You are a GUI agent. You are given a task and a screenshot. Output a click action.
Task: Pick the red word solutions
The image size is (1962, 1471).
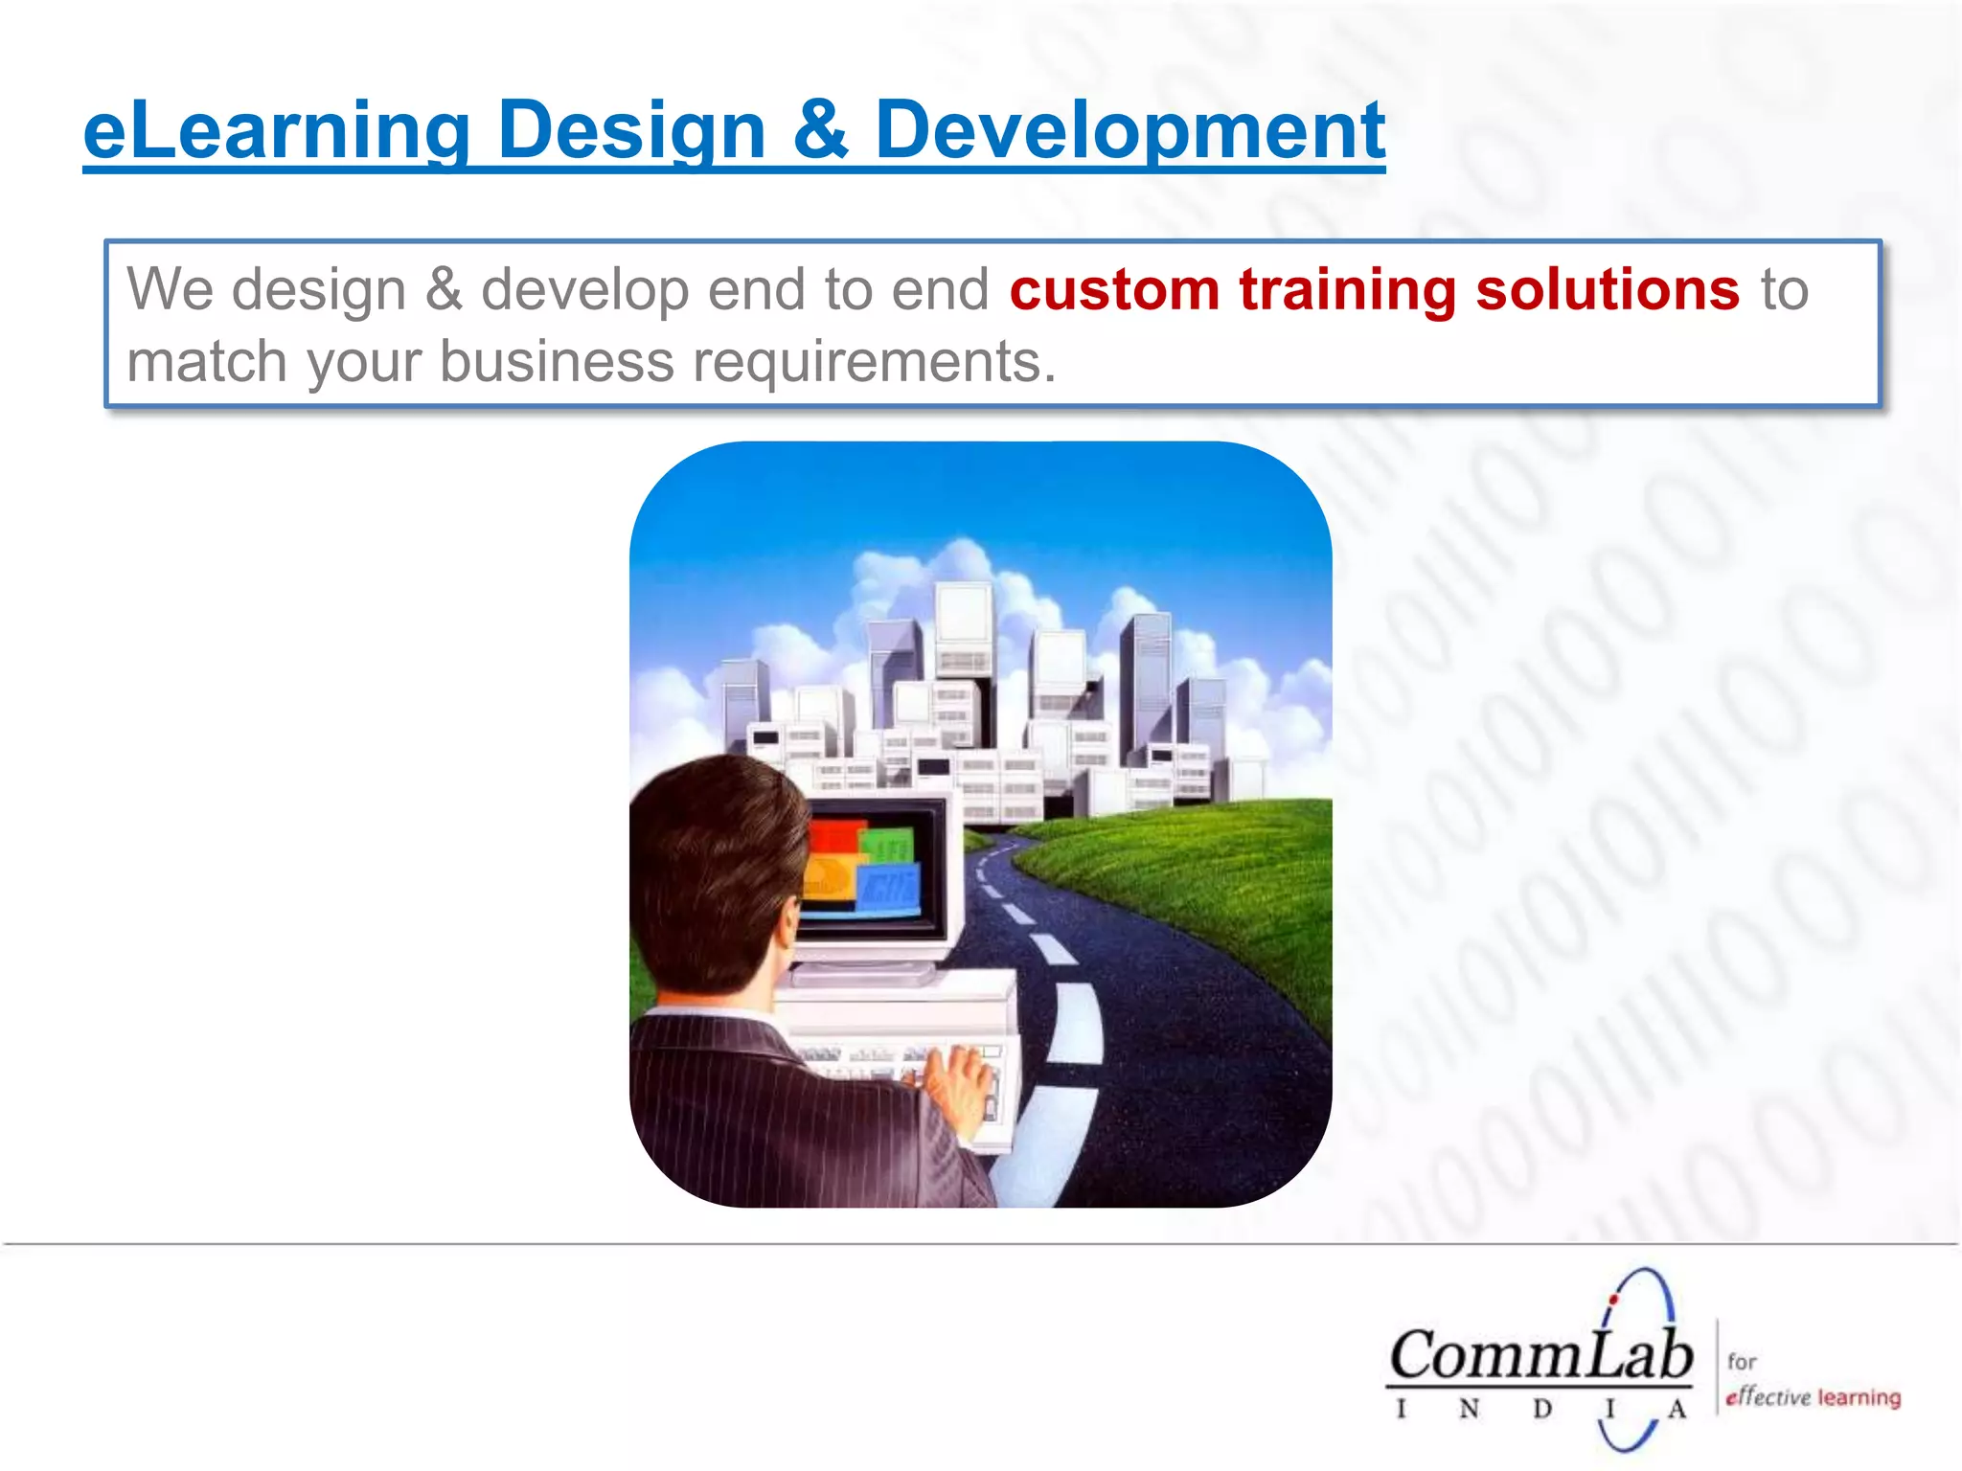(1607, 289)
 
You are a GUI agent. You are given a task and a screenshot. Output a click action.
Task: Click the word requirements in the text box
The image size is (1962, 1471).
(874, 362)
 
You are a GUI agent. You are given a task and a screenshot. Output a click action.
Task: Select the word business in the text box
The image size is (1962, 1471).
(557, 362)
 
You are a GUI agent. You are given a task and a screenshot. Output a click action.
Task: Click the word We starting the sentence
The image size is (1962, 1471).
(170, 289)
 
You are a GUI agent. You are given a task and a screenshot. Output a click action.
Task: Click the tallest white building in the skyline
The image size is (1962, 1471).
(963, 632)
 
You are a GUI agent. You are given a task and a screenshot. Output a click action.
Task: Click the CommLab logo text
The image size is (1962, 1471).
(1540, 1356)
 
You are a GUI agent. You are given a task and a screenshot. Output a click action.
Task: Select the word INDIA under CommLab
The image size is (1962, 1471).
(1539, 1410)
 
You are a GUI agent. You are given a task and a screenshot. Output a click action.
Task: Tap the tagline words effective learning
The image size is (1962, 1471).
(1813, 1397)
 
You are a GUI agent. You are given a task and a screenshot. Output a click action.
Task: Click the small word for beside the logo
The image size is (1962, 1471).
(1742, 1361)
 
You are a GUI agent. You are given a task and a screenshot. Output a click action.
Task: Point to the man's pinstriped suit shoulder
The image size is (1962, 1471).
(728, 1063)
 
